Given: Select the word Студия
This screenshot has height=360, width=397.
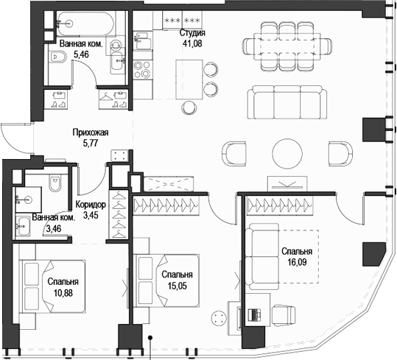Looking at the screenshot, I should (x=192, y=33).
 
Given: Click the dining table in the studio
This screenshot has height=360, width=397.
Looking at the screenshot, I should (x=282, y=46).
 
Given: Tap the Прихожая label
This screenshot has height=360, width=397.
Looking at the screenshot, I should (x=90, y=133).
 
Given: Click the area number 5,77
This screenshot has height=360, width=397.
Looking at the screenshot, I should (x=90, y=144).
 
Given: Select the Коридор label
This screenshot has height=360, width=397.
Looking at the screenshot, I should (x=91, y=205).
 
